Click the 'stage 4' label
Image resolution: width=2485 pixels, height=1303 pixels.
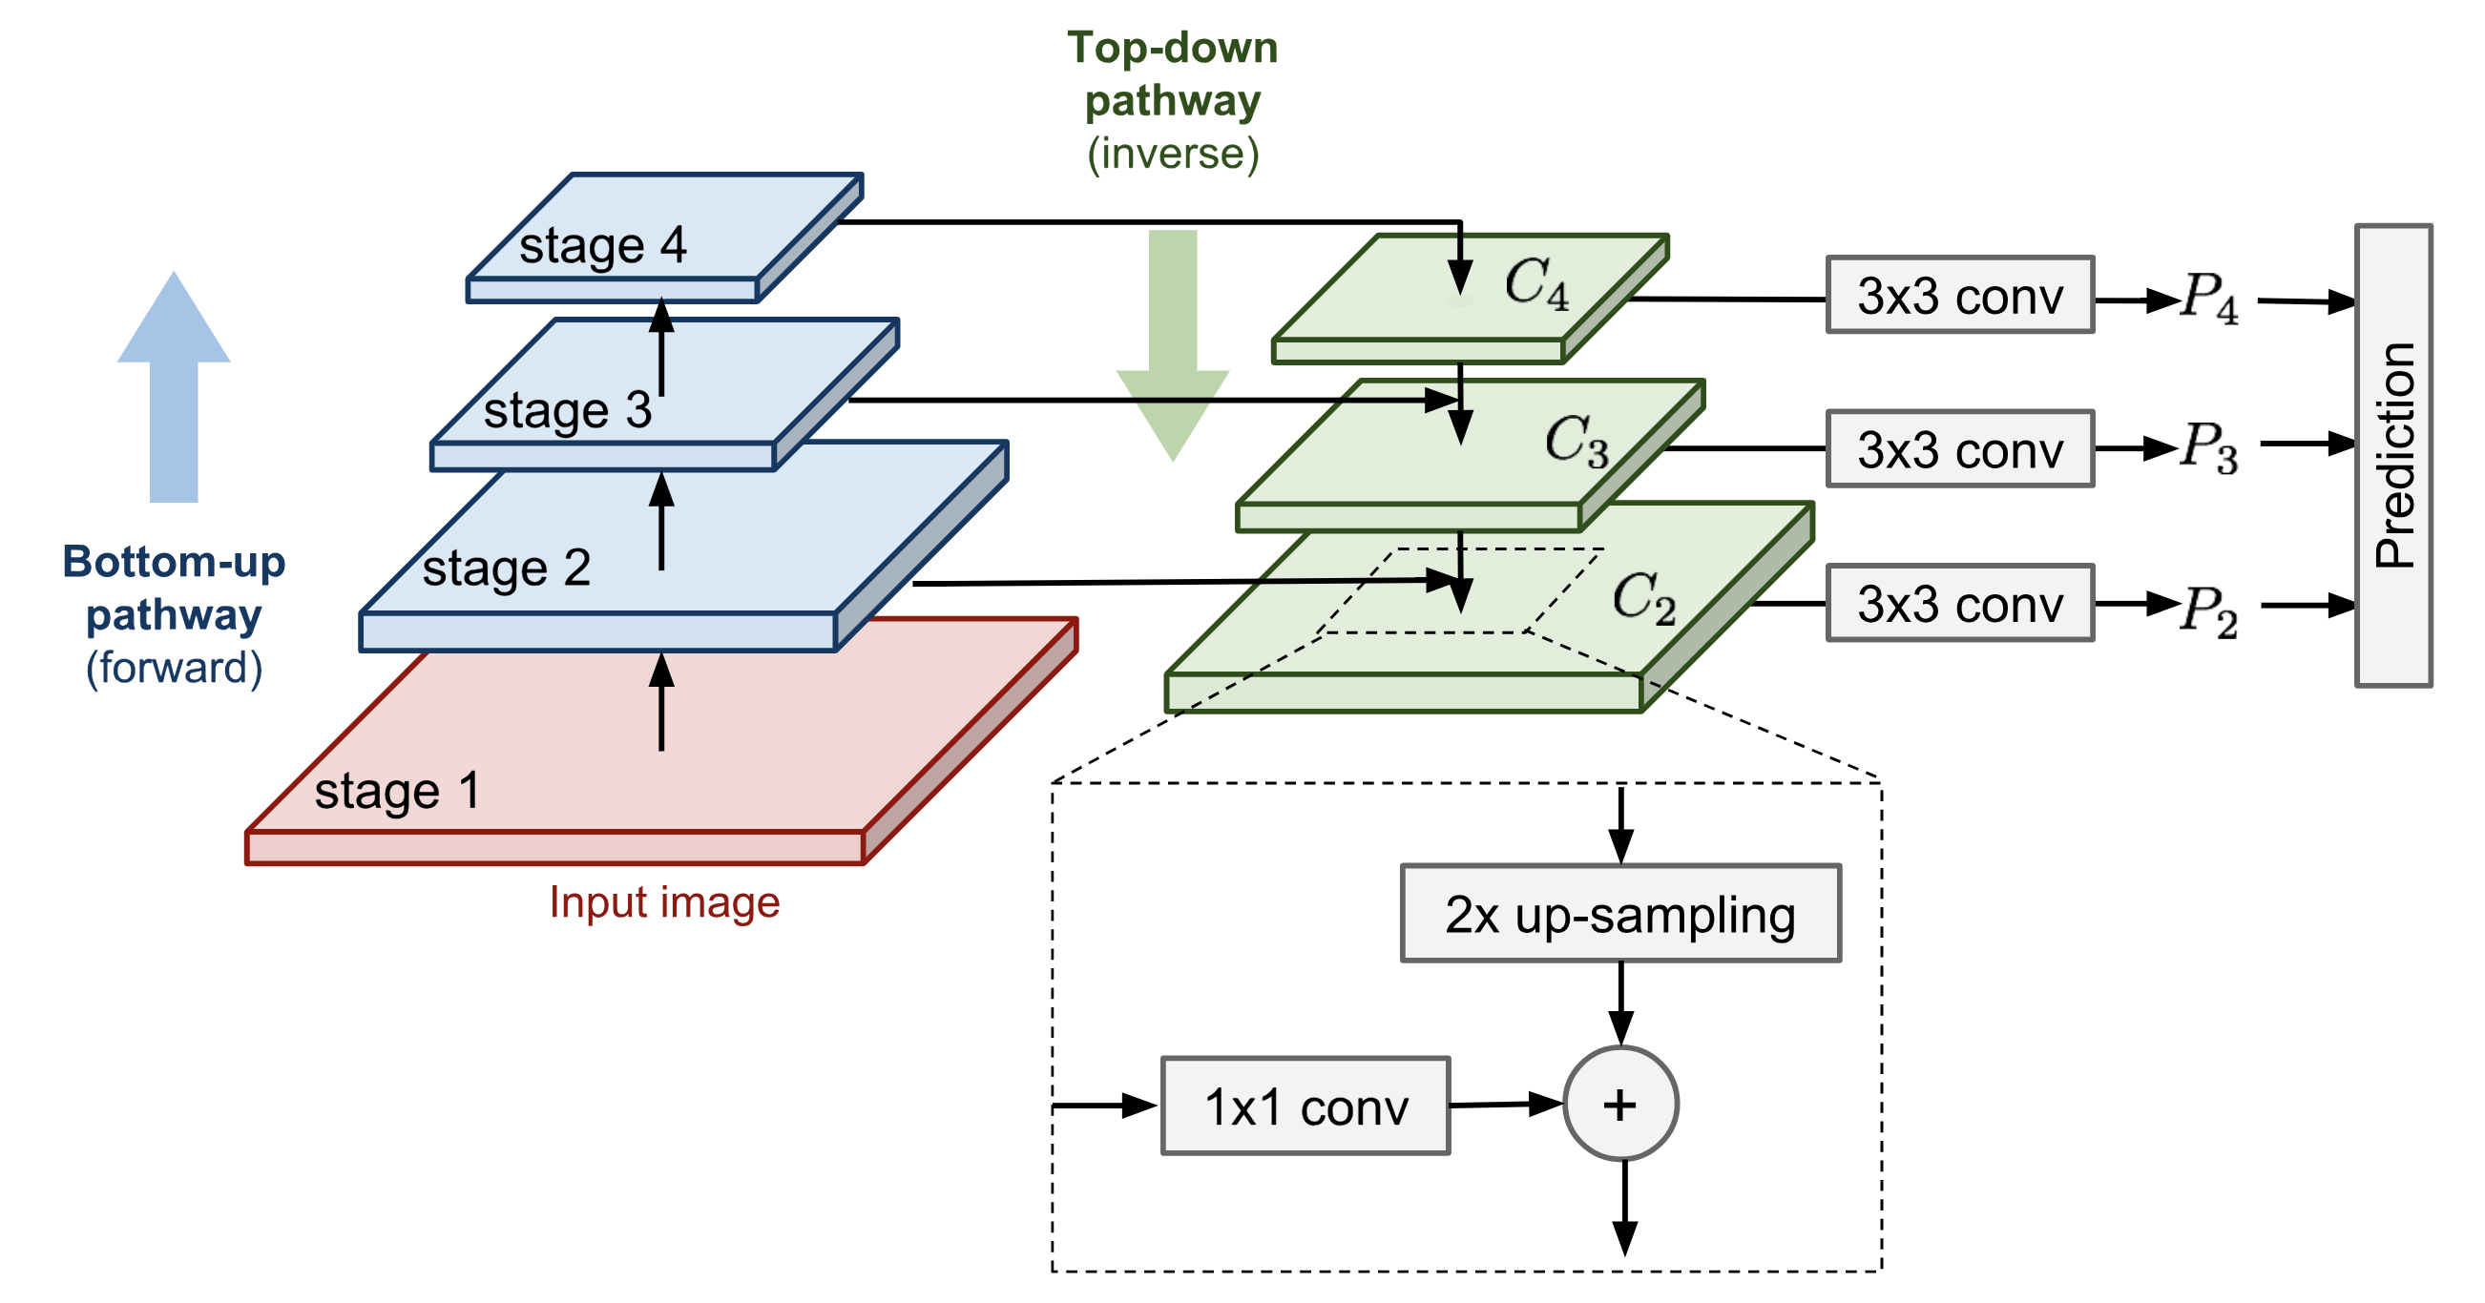(602, 245)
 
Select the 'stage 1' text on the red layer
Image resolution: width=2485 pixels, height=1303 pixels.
(396, 792)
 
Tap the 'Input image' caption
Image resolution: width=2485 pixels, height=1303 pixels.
(663, 902)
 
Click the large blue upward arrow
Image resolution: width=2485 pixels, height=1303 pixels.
(174, 385)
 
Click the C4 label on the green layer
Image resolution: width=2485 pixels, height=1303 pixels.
(1536, 283)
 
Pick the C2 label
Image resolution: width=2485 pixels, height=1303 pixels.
(1644, 598)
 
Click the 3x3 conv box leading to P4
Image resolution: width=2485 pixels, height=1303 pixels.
(1959, 295)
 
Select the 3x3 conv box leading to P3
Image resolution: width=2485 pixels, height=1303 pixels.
(1959, 449)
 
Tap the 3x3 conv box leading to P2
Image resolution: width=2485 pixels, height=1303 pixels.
(1959, 604)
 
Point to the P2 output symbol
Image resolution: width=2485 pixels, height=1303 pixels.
(2209, 610)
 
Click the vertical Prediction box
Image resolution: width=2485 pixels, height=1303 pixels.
(2393, 455)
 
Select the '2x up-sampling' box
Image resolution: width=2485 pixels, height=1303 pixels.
(1619, 914)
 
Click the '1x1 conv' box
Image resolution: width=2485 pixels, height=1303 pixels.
(1305, 1107)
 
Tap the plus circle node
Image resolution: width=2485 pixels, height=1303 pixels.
(1619, 1104)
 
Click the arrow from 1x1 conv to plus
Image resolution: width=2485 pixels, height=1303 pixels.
(1505, 1105)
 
